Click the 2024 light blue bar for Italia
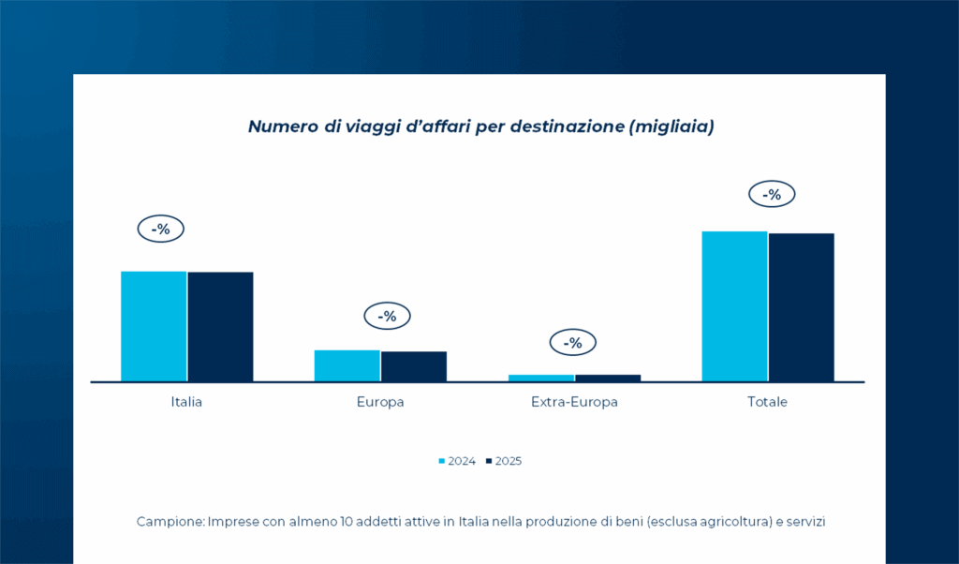click(154, 326)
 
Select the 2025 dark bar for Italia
click(220, 326)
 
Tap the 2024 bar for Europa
click(347, 365)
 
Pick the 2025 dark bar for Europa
click(413, 366)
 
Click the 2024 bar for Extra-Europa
click(541, 378)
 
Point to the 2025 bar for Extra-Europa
click(608, 378)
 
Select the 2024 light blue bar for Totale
click(734, 305)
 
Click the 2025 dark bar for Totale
click(801, 306)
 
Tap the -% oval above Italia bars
click(161, 229)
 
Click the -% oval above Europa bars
click(387, 317)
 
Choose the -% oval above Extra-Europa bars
click(572, 343)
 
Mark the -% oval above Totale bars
click(772, 195)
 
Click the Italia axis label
click(186, 402)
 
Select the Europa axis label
click(380, 402)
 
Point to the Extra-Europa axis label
click(574, 402)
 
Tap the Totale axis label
click(767, 402)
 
